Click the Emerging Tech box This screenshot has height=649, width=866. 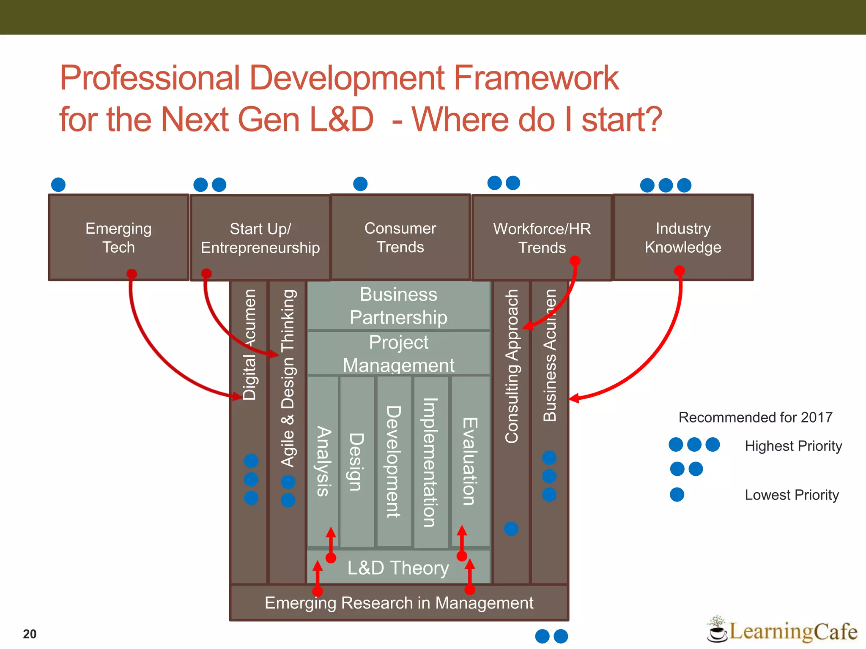(x=118, y=237)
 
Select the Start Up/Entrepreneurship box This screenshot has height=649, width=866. (x=260, y=238)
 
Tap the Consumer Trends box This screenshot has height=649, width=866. (x=400, y=237)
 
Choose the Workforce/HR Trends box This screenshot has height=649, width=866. (x=542, y=238)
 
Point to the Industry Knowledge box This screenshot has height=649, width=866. (x=683, y=237)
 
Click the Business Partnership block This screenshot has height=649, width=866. (x=398, y=305)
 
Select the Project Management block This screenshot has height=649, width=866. (x=398, y=353)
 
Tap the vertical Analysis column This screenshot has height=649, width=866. (x=323, y=461)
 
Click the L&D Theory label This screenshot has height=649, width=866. (x=398, y=568)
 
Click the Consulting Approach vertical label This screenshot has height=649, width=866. (x=512, y=366)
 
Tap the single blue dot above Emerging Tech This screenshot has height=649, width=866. (x=58, y=185)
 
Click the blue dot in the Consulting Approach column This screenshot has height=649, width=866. (x=511, y=529)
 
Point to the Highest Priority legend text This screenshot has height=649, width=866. (x=793, y=446)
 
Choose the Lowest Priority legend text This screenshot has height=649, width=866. (x=792, y=495)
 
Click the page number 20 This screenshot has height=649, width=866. (x=30, y=634)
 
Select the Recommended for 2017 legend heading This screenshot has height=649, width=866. (x=755, y=417)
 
